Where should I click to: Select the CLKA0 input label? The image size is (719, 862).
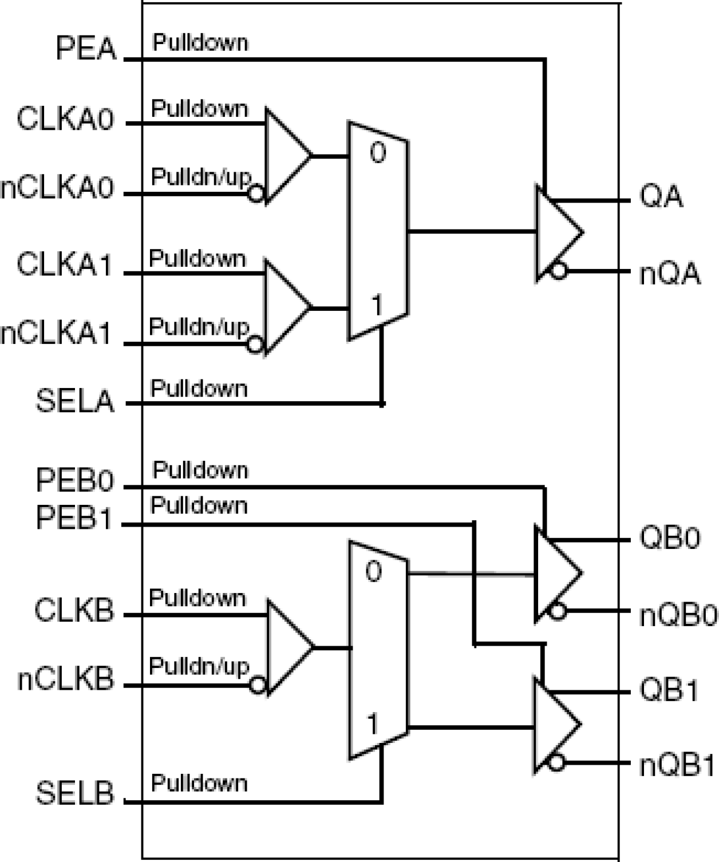(x=65, y=120)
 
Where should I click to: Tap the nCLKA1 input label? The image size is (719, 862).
(x=56, y=334)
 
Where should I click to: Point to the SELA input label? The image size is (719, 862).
(x=75, y=401)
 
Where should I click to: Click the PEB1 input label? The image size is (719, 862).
(x=74, y=518)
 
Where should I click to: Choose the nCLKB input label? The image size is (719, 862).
(x=66, y=679)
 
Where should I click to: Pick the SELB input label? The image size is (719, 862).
(x=75, y=793)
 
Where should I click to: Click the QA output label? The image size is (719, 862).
(x=661, y=197)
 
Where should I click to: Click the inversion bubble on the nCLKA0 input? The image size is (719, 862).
(x=256, y=194)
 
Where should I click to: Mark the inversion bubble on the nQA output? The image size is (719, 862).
(x=558, y=271)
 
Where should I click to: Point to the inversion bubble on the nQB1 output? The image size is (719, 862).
(x=556, y=762)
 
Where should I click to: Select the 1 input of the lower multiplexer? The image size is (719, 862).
(x=373, y=725)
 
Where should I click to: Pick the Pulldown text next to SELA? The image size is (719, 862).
(x=199, y=389)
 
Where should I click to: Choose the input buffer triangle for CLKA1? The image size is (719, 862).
(x=285, y=307)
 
